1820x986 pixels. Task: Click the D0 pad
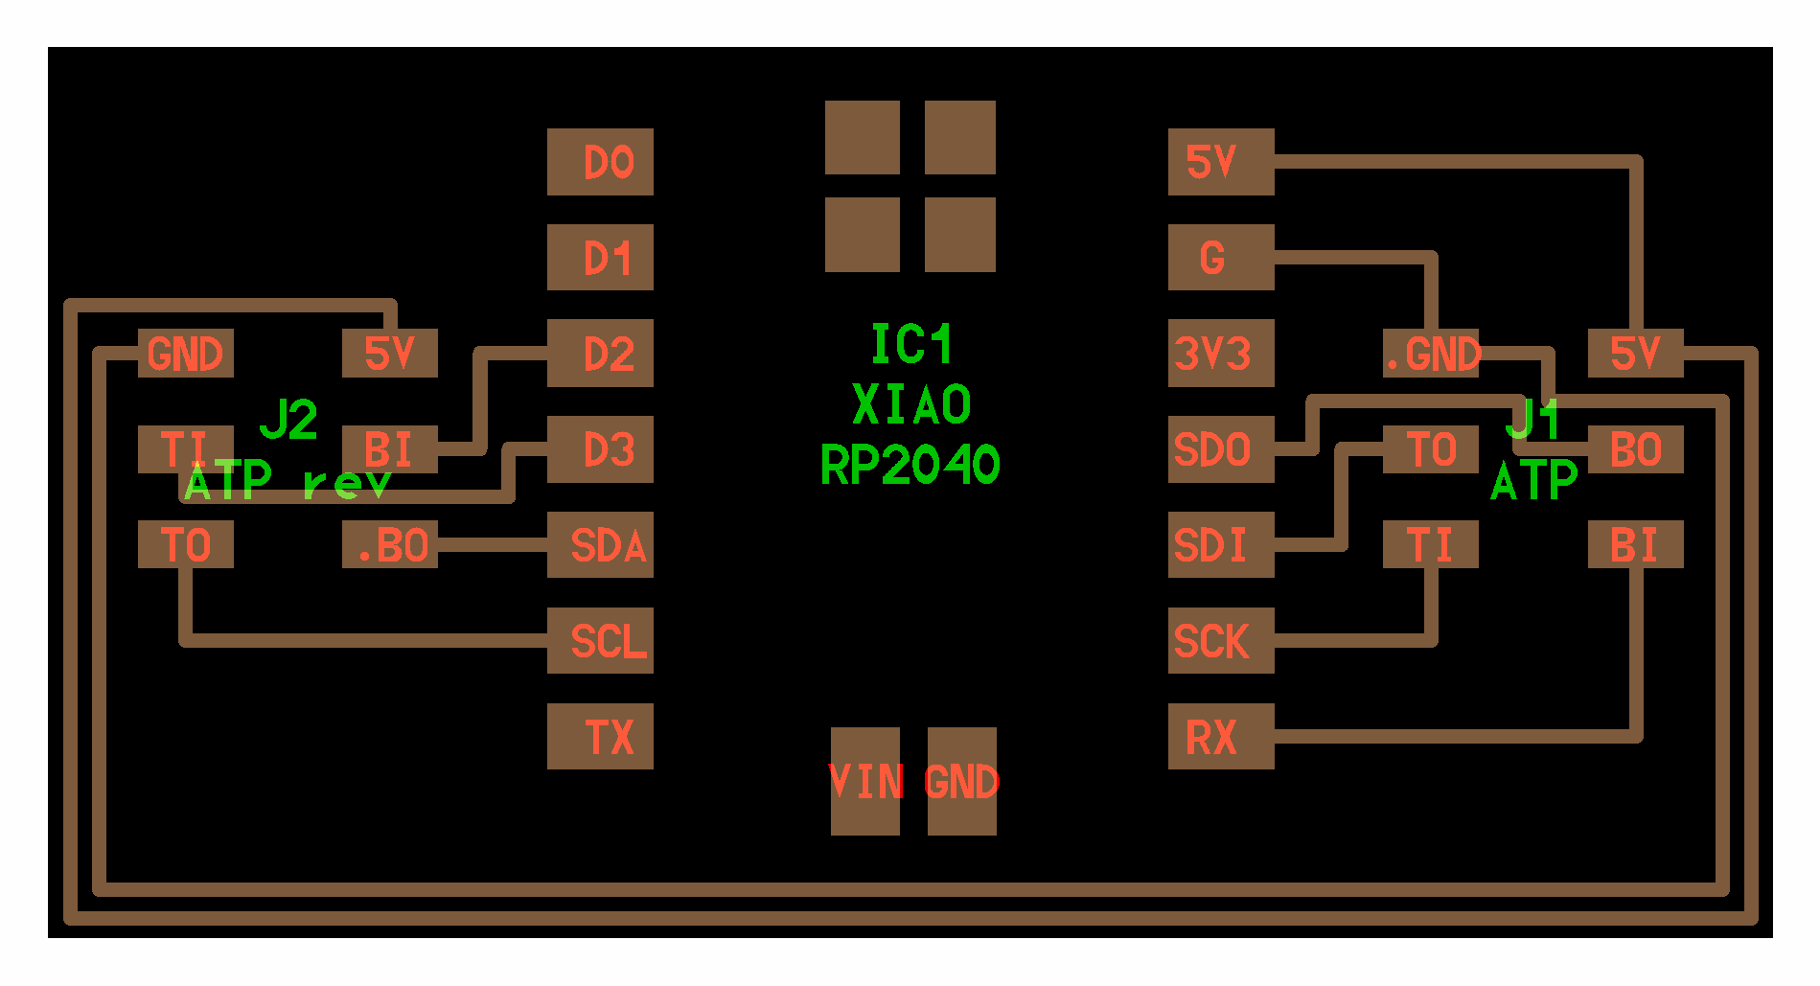600,162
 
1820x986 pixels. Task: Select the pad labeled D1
600,258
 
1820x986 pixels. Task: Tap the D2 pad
600,354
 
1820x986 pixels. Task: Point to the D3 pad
600,449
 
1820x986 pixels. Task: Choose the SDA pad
600,545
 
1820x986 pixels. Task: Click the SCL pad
600,641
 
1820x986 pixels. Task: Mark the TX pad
600,737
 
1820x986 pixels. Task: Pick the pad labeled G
1221,258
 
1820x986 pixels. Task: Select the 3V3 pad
1221,354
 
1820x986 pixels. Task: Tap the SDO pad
1221,449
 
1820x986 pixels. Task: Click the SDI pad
1221,545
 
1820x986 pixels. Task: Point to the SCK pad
1221,641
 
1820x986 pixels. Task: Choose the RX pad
1221,737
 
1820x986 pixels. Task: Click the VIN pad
864,782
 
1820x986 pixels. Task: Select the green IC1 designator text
910,344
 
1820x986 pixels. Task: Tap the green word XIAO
910,404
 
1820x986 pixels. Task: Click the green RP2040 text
910,466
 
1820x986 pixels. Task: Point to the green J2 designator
288,420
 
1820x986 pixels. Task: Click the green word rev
347,483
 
